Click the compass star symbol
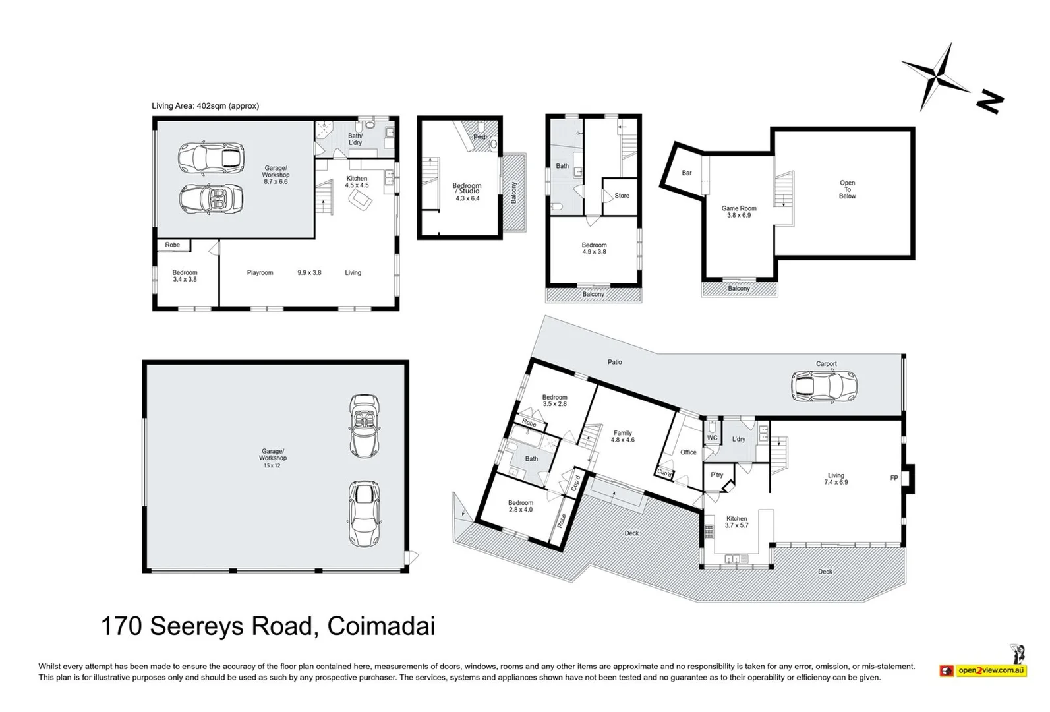[x=935, y=76]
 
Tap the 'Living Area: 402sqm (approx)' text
[x=205, y=106]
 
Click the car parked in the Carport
[x=824, y=387]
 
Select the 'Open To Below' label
[x=847, y=189]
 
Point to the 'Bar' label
[x=687, y=173]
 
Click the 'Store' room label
[x=622, y=196]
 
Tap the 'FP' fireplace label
[x=894, y=478]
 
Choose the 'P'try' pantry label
[x=716, y=475]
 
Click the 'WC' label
[x=712, y=438]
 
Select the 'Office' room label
[x=688, y=452]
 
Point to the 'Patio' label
[x=614, y=362]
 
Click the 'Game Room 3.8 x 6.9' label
[x=739, y=212]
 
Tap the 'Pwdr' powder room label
[x=481, y=137]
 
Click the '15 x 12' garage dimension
[x=272, y=466]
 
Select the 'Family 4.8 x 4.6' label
[x=622, y=436]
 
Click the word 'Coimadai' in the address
[x=381, y=626]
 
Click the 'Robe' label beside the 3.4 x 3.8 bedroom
[x=173, y=245]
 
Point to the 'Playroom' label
[x=260, y=273]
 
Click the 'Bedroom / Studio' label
[x=467, y=188]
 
